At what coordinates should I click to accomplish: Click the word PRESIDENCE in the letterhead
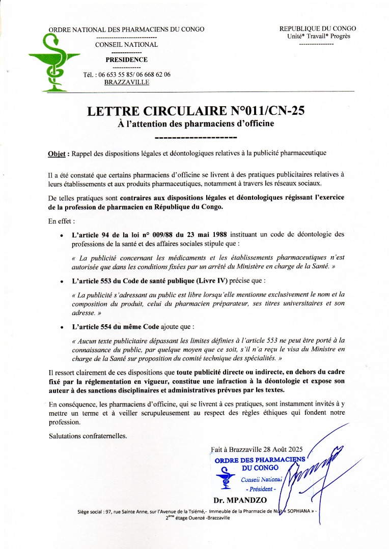(x=127, y=59)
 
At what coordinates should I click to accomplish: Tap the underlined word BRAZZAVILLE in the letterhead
(x=127, y=82)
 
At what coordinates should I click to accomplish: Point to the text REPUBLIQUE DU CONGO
(x=318, y=28)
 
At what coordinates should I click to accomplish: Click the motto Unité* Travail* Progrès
(x=319, y=36)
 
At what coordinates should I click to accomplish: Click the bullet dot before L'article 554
(x=62, y=327)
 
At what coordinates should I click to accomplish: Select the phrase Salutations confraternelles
(x=88, y=436)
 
